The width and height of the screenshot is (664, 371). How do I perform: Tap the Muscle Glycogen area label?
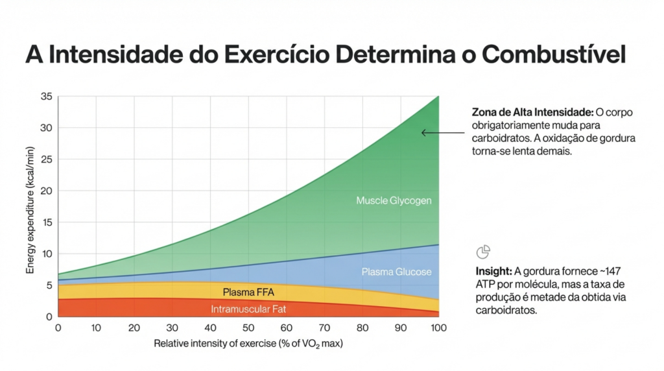click(394, 201)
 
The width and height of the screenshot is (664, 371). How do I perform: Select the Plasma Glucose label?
click(396, 272)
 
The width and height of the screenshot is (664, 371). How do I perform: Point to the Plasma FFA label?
click(248, 292)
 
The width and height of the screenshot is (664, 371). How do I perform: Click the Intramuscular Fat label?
click(248, 309)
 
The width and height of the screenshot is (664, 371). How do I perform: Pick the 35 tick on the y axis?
click(46, 97)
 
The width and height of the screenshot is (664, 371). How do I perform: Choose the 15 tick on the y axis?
click(46, 222)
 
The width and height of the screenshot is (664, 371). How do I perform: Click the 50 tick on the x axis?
click(248, 328)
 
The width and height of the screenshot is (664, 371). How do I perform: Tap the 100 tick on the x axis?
click(439, 328)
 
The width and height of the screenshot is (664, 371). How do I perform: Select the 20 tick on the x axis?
click(134, 328)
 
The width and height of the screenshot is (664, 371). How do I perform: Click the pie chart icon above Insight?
click(483, 252)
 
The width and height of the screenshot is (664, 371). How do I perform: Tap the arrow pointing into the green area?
click(441, 133)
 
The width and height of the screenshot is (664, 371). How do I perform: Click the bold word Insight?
click(493, 271)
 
